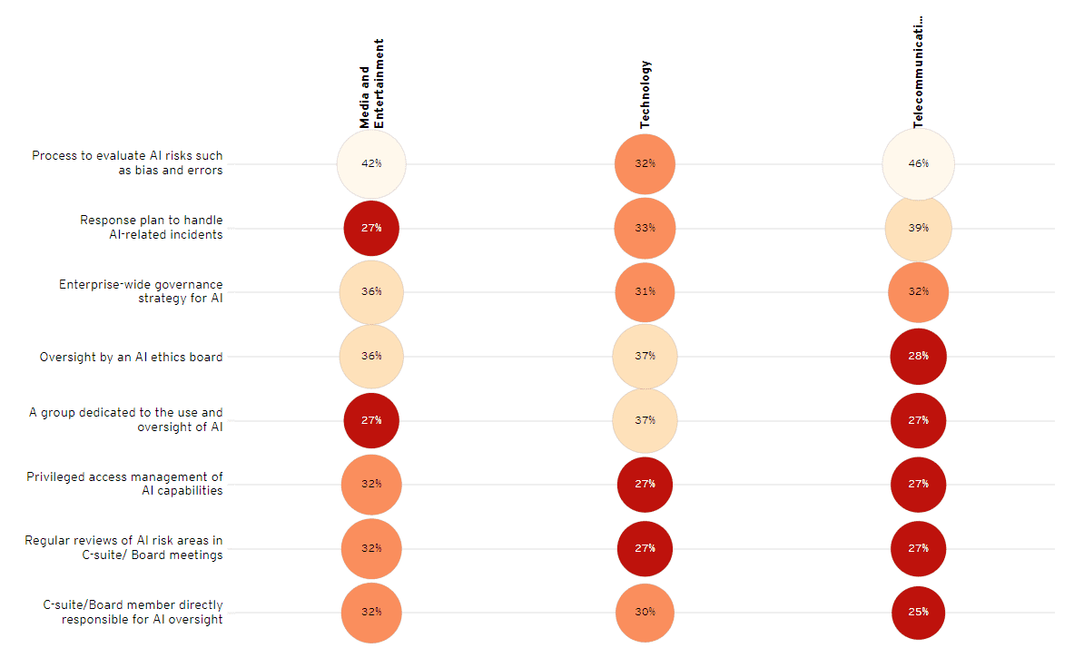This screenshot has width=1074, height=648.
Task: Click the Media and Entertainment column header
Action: tap(371, 83)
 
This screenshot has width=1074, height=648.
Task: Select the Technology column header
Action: tap(645, 94)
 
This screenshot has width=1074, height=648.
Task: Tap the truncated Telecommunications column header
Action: tap(918, 71)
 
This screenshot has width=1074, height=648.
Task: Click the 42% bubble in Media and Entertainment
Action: tap(371, 164)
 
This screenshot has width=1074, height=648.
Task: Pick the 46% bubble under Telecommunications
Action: tap(918, 164)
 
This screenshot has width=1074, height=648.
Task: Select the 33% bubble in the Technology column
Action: tap(645, 228)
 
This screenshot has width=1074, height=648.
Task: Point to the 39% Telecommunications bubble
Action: tap(918, 228)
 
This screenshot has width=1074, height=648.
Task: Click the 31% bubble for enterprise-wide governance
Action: tap(645, 292)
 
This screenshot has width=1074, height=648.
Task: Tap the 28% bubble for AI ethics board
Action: tap(918, 356)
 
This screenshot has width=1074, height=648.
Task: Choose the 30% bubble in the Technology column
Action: tap(645, 612)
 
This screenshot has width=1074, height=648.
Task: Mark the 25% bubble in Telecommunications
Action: tap(918, 612)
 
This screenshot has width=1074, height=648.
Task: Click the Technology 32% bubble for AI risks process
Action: tap(645, 164)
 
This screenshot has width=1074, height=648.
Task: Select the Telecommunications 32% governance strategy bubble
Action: tap(918, 292)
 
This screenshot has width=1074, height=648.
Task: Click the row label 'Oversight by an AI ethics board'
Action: tap(131, 357)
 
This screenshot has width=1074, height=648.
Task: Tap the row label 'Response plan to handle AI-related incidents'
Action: tap(151, 227)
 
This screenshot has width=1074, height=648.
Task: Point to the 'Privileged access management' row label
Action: tap(124, 484)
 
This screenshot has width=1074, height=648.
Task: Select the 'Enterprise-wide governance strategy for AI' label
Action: tap(141, 291)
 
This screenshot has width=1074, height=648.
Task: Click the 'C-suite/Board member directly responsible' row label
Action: tap(133, 612)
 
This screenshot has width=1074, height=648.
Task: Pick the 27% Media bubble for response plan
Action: tap(371, 228)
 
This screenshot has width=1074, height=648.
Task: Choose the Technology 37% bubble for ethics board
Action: tap(645, 356)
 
